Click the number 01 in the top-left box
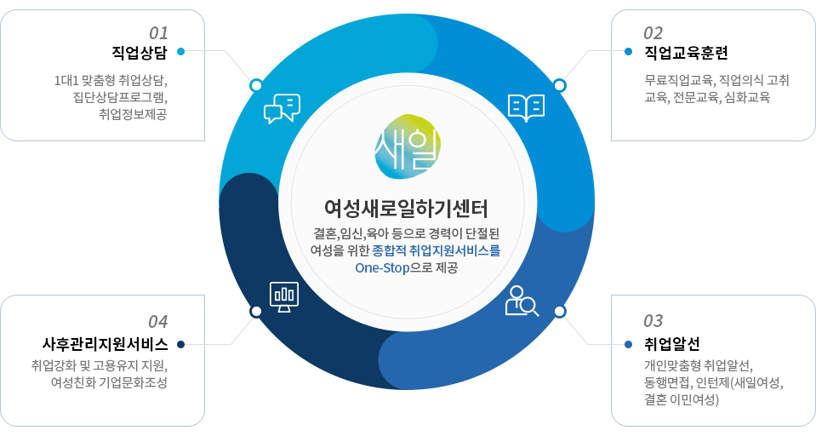pos(158,33)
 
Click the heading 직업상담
pos(140,53)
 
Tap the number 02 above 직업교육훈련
pos(653,33)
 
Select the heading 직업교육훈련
pos(686,53)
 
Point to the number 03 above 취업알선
pos(653,321)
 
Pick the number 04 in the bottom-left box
pos(158,322)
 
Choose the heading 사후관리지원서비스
pos(106,344)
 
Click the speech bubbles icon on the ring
pos(282,108)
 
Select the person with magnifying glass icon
pos(522,301)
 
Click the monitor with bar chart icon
pos(284,297)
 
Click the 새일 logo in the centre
pos(408,146)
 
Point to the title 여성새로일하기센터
pos(407,209)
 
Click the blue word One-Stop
pos(383,268)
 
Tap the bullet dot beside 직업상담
pos(180,52)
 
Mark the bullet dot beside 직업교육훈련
pos(628,52)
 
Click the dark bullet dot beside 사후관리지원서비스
pos(180,344)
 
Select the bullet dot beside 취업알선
pos(628,344)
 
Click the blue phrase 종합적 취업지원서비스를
pos(437,250)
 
